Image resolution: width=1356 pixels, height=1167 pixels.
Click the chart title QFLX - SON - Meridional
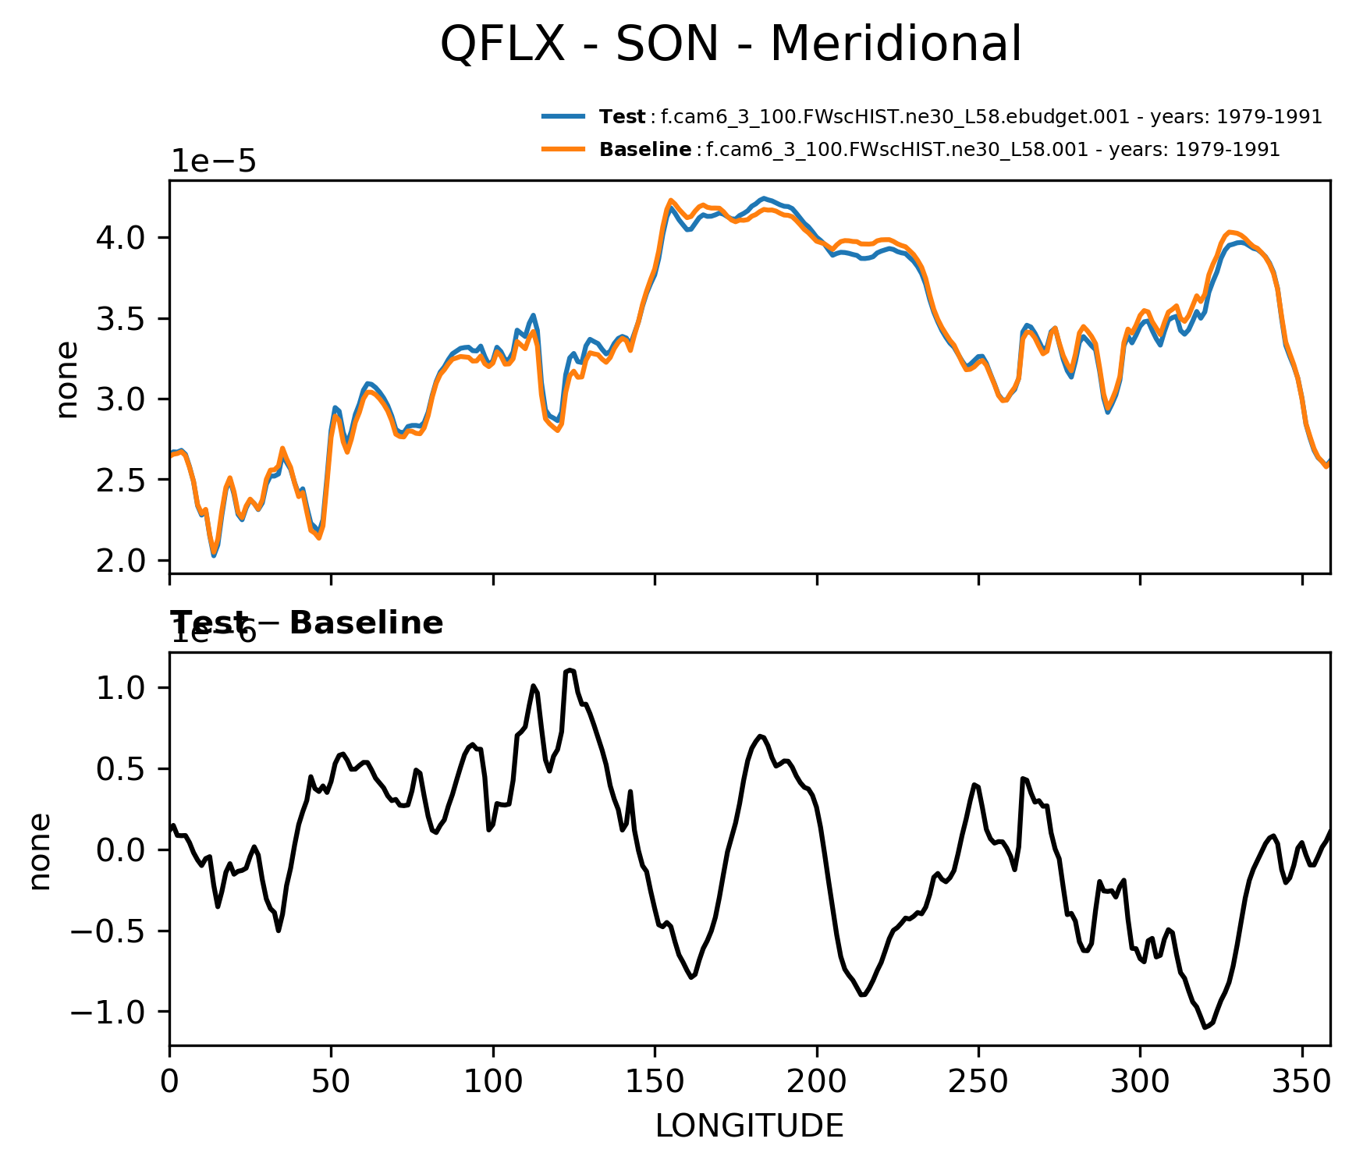730,44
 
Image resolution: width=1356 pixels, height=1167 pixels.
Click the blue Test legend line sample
563,117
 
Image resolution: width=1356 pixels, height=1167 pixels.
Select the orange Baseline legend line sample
563,149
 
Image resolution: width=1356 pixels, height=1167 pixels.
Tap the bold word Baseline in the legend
645,150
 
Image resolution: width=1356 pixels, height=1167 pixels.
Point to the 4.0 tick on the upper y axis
121,237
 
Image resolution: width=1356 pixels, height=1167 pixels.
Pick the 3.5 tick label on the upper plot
121,318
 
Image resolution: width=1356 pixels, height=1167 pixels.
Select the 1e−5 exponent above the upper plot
214,161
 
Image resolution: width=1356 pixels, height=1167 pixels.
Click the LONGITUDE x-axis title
749,1126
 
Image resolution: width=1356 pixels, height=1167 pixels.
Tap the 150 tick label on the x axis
655,1082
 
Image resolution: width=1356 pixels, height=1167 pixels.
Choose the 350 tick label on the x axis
1301,1082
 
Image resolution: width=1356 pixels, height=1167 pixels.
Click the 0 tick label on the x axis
169,1082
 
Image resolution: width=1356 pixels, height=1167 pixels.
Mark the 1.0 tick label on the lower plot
121,687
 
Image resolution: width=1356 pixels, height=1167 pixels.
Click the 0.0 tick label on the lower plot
121,850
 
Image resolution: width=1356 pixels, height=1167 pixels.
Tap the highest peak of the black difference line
570,669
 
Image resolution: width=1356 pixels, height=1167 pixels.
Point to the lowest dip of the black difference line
1205,1027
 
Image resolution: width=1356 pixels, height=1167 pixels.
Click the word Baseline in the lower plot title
366,623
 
